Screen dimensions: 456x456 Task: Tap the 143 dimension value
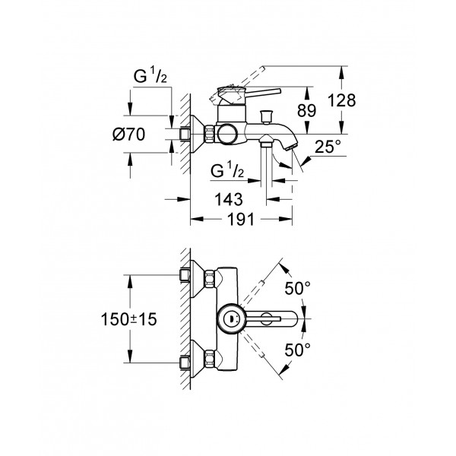tap(227, 199)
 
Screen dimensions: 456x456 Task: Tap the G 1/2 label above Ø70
tap(146, 75)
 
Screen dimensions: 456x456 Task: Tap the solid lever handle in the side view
tap(258, 94)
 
